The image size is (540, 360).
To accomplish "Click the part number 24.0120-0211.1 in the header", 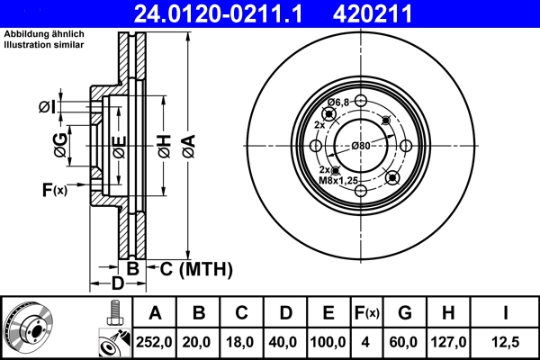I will tap(220, 13).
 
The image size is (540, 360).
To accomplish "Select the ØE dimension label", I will tap(119, 144).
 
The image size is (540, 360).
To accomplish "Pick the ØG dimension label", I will tap(59, 144).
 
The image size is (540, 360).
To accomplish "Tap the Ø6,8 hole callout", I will tap(337, 103).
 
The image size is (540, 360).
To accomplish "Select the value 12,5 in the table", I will tap(504, 342).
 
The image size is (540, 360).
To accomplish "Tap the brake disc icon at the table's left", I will tap(29, 328).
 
